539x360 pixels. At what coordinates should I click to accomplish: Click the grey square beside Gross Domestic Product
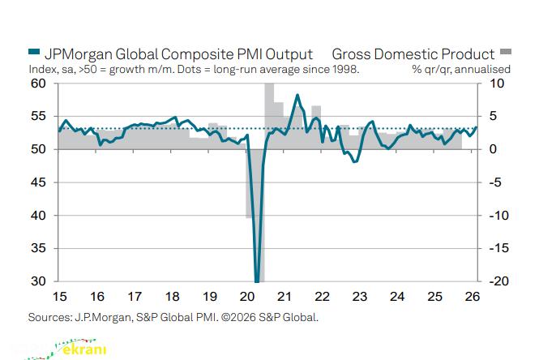pyautogui.click(x=504, y=54)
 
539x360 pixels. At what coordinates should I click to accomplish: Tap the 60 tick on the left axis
pyautogui.click(x=37, y=84)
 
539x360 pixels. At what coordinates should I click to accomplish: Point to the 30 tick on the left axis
pyautogui.click(x=37, y=281)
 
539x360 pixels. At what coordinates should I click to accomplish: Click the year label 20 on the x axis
pyautogui.click(x=246, y=297)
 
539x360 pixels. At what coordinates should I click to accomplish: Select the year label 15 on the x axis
pyautogui.click(x=58, y=297)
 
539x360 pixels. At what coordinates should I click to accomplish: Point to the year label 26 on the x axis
pyautogui.click(x=473, y=297)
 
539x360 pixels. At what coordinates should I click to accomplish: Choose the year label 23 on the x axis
pyautogui.click(x=359, y=297)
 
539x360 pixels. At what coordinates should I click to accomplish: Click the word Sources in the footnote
pyautogui.click(x=50, y=317)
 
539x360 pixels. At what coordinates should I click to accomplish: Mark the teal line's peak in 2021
pyautogui.click(x=297, y=96)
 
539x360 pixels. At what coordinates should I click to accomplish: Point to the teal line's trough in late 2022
pyautogui.click(x=354, y=161)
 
